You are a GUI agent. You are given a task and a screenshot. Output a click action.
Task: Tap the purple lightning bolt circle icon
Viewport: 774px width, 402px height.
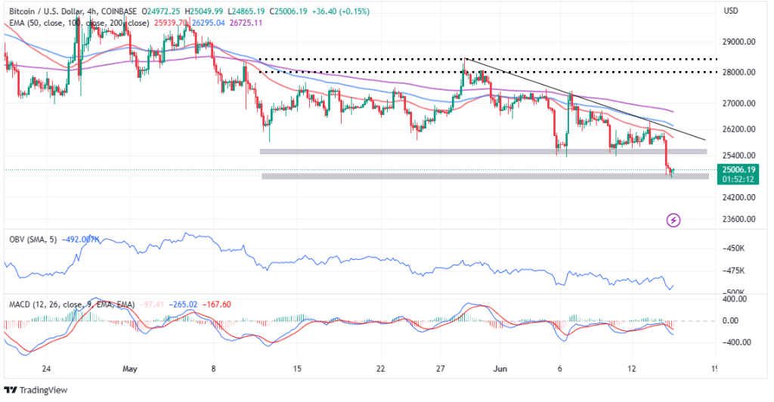click(673, 220)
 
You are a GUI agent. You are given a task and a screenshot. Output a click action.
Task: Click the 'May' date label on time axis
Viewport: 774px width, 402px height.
click(131, 370)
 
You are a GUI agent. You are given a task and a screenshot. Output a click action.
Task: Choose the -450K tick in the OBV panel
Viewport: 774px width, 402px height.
click(735, 249)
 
